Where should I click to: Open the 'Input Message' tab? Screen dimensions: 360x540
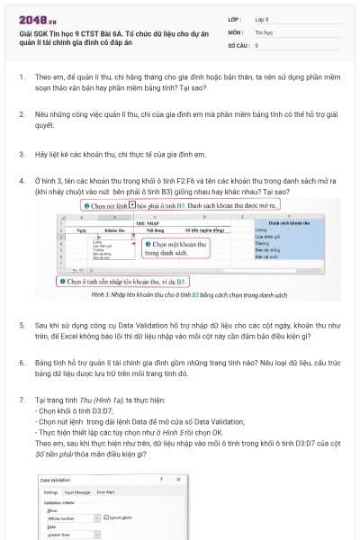tap(77, 492)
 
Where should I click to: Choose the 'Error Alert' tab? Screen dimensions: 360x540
tap(105, 492)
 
